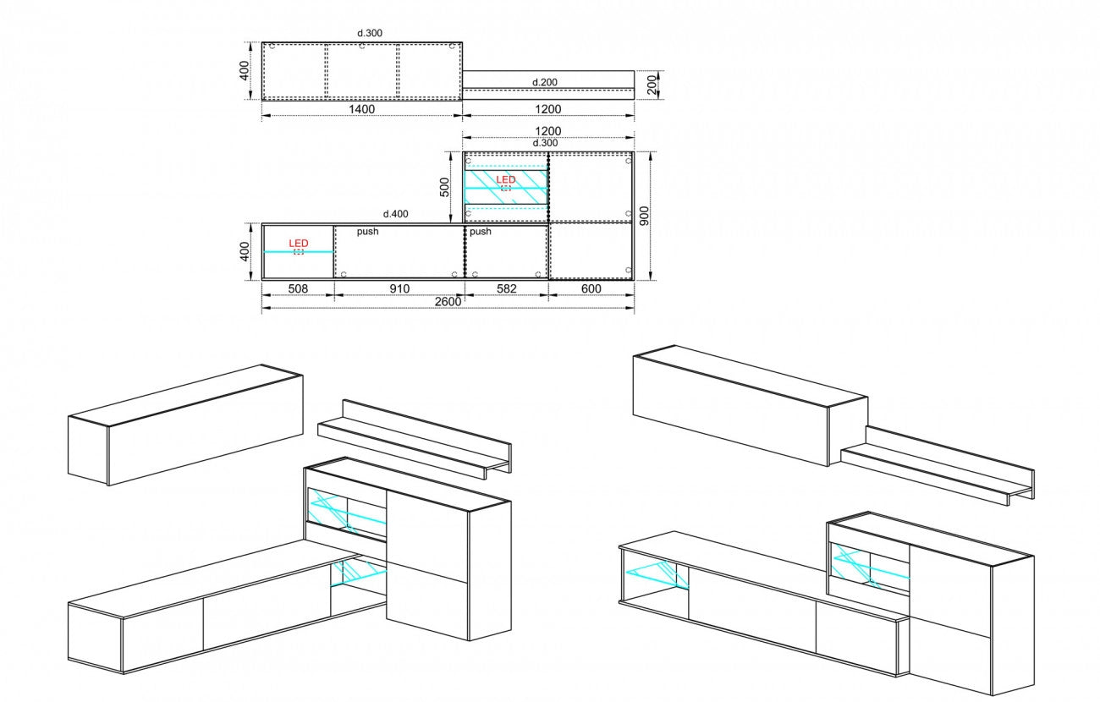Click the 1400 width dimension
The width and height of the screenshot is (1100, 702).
tap(362, 109)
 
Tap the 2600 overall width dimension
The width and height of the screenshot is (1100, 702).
tap(448, 301)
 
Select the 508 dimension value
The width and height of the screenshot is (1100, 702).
tap(298, 288)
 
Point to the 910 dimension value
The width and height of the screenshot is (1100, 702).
tap(399, 288)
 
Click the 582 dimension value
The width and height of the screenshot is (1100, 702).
tap(506, 288)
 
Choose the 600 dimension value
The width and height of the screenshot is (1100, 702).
tap(591, 288)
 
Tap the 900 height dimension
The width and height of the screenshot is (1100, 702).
tap(644, 216)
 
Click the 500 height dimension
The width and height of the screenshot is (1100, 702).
tap(444, 187)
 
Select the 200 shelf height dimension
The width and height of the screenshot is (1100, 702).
tap(652, 85)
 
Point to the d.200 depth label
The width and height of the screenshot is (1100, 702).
tap(545, 83)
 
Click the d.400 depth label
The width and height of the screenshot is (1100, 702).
tap(395, 214)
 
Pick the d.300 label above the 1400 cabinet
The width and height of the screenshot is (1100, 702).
tap(370, 33)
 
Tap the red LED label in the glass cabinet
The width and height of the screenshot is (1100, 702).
tap(506, 179)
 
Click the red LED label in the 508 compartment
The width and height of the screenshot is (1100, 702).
tap(299, 244)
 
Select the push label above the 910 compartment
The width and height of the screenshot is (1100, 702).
tap(368, 231)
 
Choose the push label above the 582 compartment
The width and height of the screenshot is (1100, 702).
tap(481, 231)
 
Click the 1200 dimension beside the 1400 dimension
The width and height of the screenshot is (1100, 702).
tap(548, 109)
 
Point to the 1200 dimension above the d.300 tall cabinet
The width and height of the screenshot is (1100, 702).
tap(548, 132)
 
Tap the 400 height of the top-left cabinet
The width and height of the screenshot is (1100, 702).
tap(244, 71)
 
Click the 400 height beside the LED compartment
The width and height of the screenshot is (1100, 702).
tap(244, 251)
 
